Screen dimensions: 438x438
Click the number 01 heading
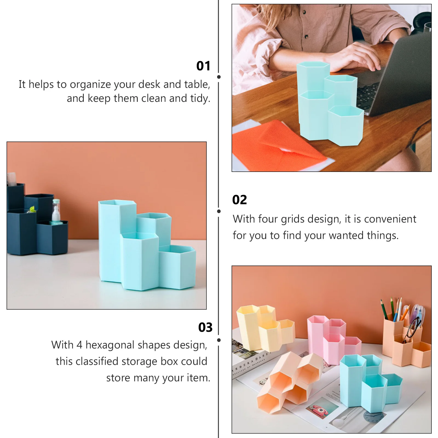[203, 66]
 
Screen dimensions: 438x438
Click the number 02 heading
[240, 200]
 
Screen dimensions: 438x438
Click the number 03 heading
[205, 327]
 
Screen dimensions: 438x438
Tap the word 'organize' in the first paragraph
[90, 85]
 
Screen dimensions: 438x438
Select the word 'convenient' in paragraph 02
[390, 219]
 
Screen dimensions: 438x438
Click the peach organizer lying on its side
[287, 383]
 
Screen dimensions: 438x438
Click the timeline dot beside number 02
[219, 211]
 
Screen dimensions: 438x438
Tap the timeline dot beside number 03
[219, 340]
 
